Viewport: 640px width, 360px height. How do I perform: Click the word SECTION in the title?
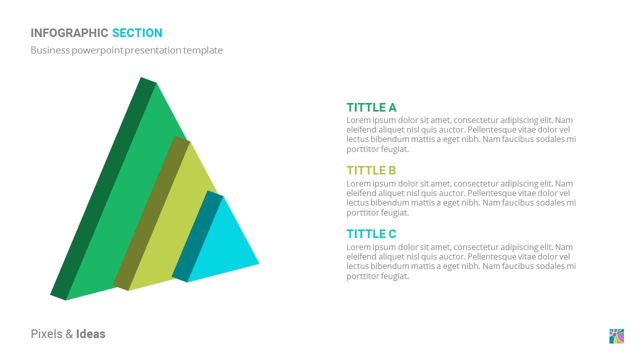coord(137,33)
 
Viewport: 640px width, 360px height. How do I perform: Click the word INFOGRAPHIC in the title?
coord(69,33)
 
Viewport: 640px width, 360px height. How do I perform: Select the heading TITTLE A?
coord(371,107)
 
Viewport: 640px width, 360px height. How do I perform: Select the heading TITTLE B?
coord(371,170)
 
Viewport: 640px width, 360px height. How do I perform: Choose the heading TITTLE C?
coord(371,234)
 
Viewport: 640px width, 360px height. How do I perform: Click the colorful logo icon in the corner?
coord(616,336)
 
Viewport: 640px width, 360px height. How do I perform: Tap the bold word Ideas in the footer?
coord(90,334)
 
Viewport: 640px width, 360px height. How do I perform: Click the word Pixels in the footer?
coord(46,334)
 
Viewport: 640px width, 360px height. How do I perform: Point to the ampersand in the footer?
coord(69,334)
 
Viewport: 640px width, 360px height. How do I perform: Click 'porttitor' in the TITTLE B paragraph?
coord(363,212)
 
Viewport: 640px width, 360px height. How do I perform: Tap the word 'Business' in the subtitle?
coord(50,50)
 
